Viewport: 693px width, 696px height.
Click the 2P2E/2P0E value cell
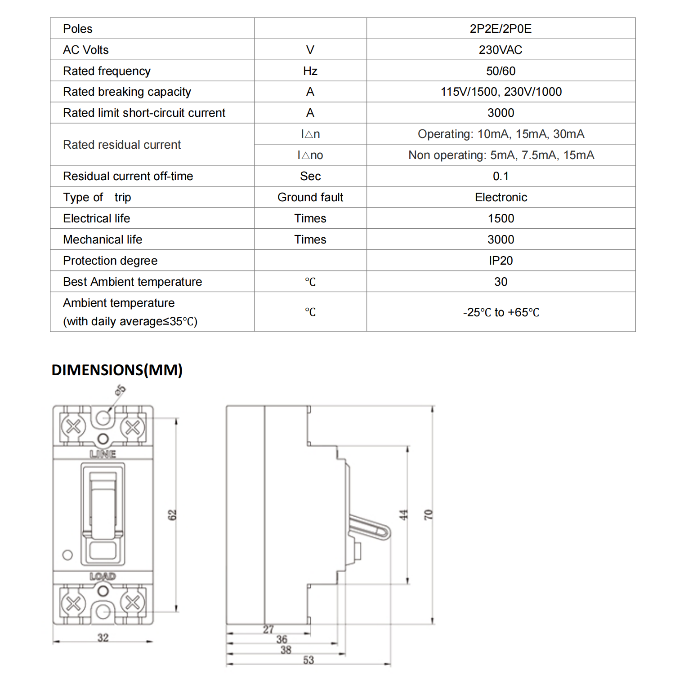[x=501, y=29]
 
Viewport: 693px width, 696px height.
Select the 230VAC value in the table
[x=501, y=50]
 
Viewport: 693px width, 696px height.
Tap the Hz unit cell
[x=310, y=71]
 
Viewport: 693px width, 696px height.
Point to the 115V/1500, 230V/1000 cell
[x=501, y=92]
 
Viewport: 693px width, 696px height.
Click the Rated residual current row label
[x=122, y=145]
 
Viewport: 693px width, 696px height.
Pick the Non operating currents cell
[x=501, y=155]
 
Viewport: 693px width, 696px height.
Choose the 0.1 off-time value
[x=501, y=176]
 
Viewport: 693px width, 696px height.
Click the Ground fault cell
[x=310, y=197]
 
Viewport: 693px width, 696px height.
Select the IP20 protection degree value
[x=501, y=261]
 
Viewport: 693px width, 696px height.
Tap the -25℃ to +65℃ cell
[x=501, y=312]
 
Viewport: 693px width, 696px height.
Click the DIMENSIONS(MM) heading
[x=117, y=370]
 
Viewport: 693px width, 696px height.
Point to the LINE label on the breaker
[x=103, y=454]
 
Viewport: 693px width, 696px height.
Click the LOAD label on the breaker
[x=103, y=576]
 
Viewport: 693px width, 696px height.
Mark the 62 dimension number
[x=172, y=515]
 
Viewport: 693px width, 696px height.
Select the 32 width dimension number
[x=103, y=638]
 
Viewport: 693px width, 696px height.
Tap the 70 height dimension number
[x=428, y=515]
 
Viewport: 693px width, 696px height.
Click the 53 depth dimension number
[x=308, y=660]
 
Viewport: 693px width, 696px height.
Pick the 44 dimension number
[x=403, y=515]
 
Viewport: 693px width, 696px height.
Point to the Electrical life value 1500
[x=501, y=218]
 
